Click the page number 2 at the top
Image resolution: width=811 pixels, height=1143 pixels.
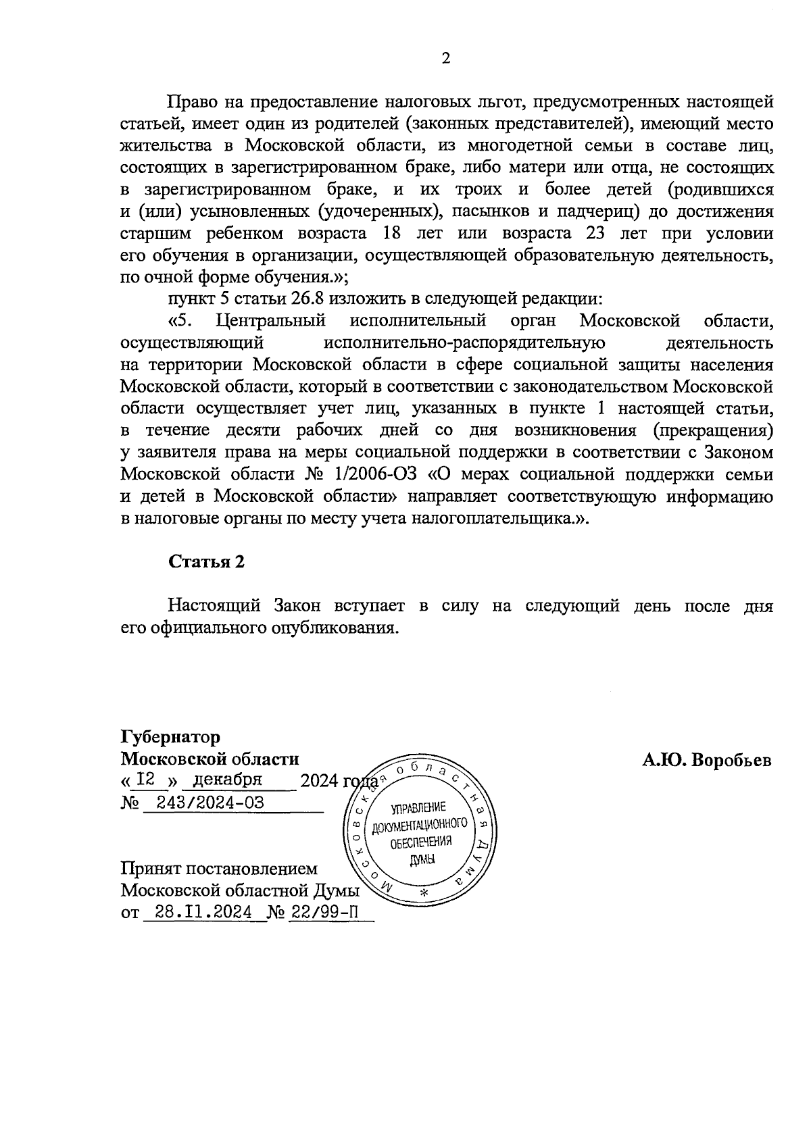click(445, 58)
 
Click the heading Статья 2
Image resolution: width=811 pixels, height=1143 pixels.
click(206, 561)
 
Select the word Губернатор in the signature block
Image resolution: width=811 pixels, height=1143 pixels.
click(170, 736)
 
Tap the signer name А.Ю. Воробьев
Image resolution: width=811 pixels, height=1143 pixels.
click(706, 760)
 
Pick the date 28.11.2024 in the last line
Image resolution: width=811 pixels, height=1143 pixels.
click(203, 912)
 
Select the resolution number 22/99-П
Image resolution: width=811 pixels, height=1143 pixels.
click(323, 912)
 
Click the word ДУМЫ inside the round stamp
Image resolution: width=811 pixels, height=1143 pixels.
click(422, 859)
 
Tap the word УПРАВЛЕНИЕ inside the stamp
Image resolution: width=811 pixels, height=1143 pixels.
click(418, 807)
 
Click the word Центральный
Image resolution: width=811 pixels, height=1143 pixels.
click(270, 320)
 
